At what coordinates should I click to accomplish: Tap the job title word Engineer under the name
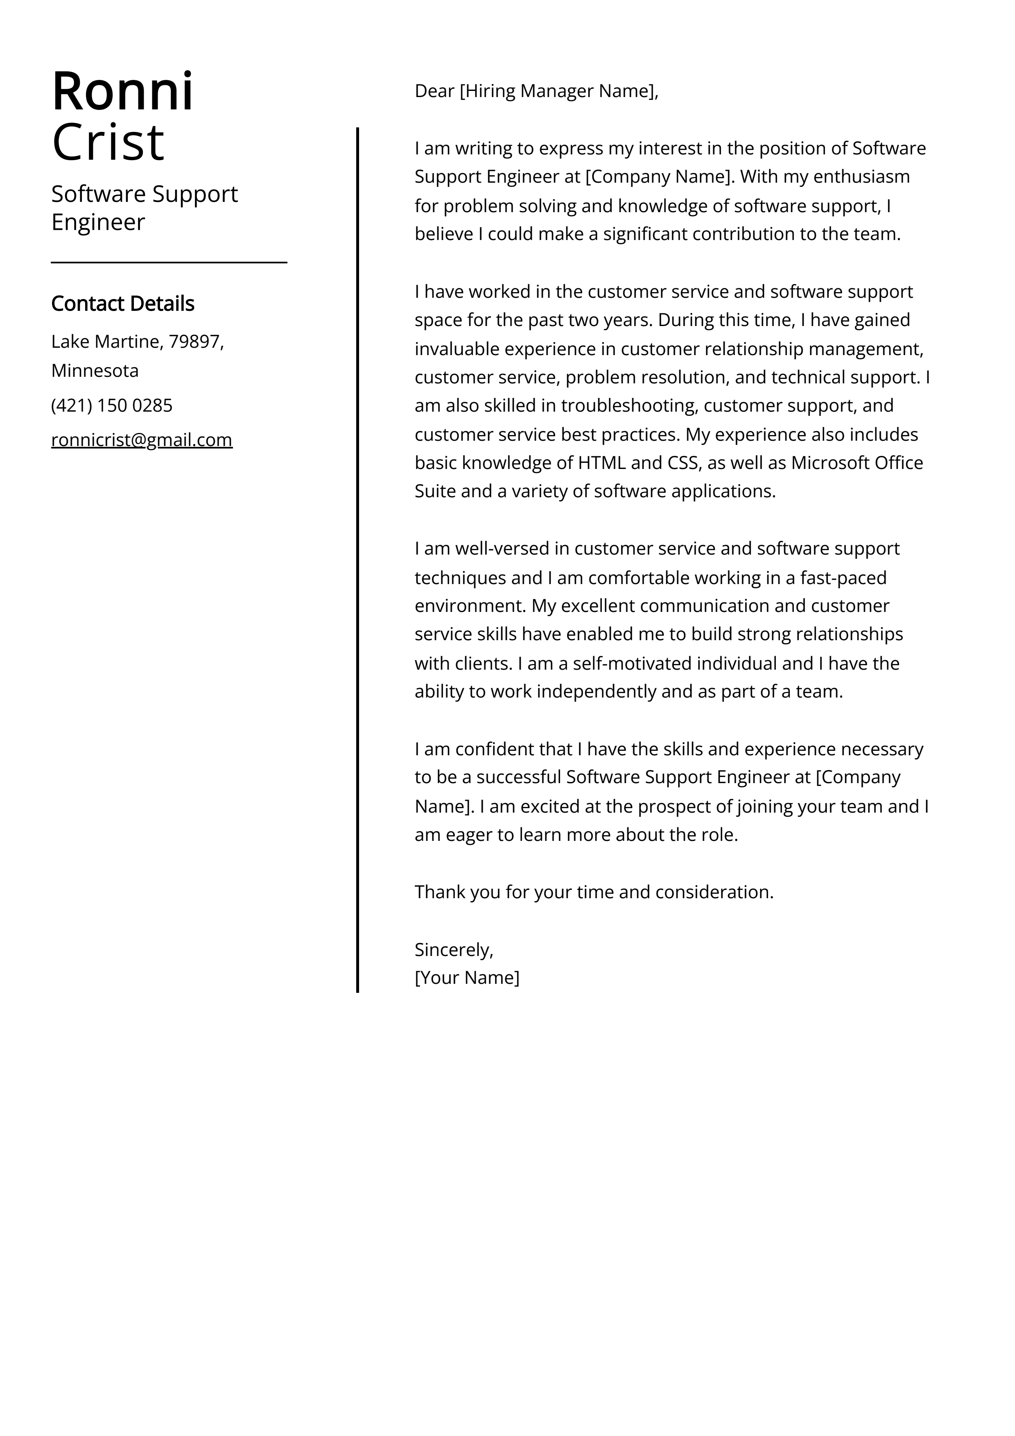tap(98, 222)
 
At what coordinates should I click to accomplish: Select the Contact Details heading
tap(122, 304)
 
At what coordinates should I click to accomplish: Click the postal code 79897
tap(193, 342)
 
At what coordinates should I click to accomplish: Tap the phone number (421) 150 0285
tap(112, 405)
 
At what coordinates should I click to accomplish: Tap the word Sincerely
tap(453, 949)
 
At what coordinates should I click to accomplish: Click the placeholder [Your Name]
tap(467, 978)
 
